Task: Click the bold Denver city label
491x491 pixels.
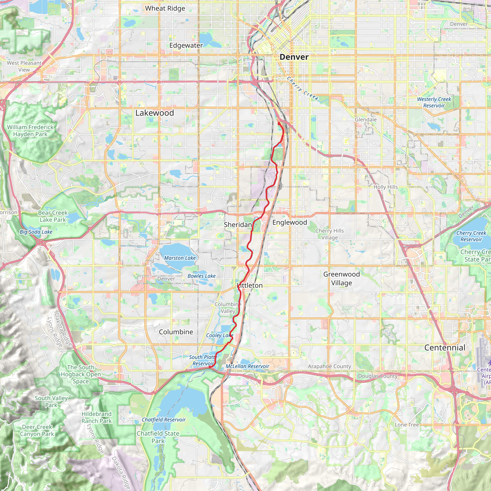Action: click(x=294, y=57)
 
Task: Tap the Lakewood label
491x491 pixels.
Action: click(x=155, y=113)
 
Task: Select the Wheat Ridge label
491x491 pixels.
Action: click(x=165, y=8)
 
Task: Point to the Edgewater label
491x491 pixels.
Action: click(x=186, y=46)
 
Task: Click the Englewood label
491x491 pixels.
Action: click(x=289, y=222)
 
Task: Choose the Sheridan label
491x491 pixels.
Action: click(x=238, y=225)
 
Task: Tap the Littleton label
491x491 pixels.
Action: click(x=250, y=285)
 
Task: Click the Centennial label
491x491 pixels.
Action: click(x=445, y=348)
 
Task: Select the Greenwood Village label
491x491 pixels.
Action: click(x=341, y=279)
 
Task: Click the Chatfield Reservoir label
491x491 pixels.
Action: click(x=164, y=420)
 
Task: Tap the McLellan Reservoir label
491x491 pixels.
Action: click(x=247, y=366)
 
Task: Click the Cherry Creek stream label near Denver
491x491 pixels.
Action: click(x=302, y=89)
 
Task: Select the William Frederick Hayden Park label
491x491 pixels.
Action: click(x=30, y=131)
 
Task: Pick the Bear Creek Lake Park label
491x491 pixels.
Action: click(x=53, y=216)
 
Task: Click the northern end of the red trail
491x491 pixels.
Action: click(x=279, y=123)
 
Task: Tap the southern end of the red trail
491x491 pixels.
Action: click(x=210, y=367)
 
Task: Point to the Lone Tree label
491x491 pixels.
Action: click(x=407, y=425)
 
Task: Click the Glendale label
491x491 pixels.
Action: click(x=366, y=120)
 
